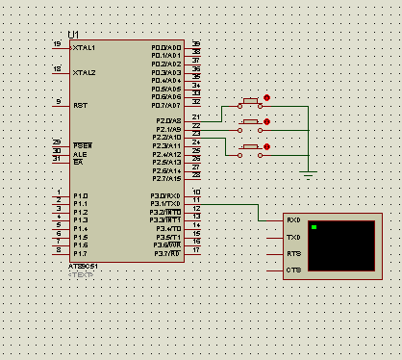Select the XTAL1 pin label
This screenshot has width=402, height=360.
click(84, 47)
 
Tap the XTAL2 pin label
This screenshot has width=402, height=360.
click(84, 72)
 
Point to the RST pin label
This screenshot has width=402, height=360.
click(79, 105)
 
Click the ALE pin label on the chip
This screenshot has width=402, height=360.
click(79, 154)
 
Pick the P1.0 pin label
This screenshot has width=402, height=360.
click(80, 195)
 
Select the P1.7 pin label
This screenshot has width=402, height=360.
click(80, 253)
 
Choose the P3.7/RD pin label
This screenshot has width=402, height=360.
click(166, 253)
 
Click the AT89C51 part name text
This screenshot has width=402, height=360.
click(84, 265)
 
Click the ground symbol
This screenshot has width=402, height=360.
click(308, 173)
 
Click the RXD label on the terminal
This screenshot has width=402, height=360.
click(293, 219)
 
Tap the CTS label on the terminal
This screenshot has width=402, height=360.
click(293, 270)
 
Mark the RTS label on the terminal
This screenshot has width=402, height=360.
click(293, 253)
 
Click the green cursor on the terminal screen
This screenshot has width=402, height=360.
click(314, 227)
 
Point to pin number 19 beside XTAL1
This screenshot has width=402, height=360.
click(58, 44)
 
